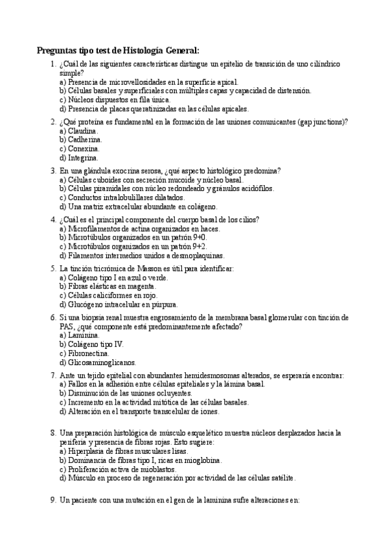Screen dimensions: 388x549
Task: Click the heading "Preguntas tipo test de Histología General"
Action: point(117,50)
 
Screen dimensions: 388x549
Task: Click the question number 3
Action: point(52,170)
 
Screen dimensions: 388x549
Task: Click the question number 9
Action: point(52,500)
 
